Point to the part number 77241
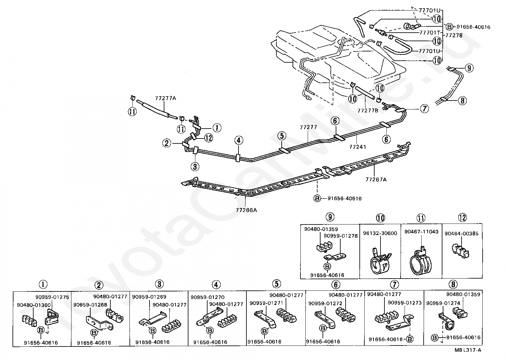357,147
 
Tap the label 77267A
376,179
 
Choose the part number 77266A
246,209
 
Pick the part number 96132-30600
380,233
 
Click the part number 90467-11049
421,232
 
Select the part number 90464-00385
462,233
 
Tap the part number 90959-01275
52,297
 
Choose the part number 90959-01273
405,302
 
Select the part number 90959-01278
340,236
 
